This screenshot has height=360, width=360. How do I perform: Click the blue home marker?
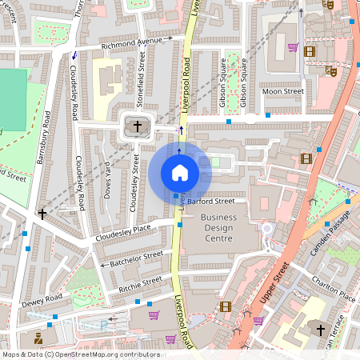(180, 172)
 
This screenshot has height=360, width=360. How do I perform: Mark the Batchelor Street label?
(135, 258)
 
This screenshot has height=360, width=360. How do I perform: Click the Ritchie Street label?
(140, 283)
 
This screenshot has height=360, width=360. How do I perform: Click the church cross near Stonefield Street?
(137, 126)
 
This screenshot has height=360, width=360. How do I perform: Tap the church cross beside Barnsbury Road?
(42, 214)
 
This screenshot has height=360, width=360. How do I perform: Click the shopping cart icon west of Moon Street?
(293, 47)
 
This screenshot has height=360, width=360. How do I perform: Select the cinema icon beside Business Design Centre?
(225, 306)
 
